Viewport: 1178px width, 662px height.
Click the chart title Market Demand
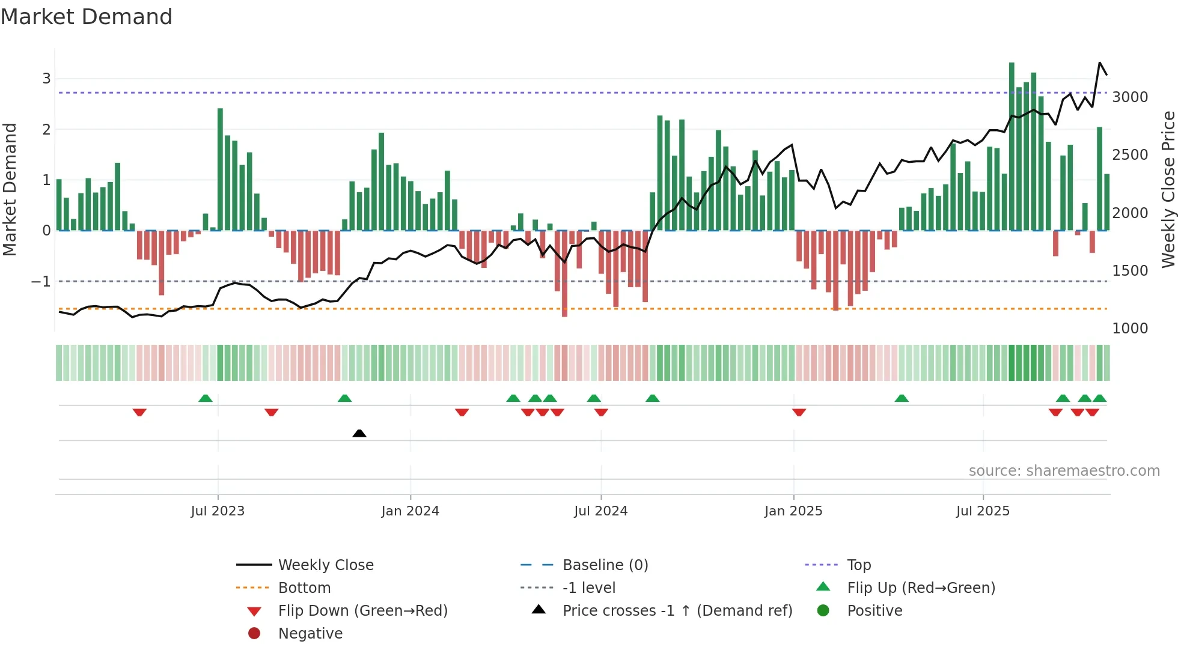click(x=87, y=17)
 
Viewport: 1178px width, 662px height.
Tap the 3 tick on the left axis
click(x=46, y=79)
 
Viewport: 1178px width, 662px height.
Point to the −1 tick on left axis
click(x=41, y=281)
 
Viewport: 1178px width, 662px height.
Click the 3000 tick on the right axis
click(x=1130, y=97)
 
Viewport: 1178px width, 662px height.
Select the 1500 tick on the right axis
click(x=1130, y=271)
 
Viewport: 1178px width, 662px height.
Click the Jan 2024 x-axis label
click(x=410, y=511)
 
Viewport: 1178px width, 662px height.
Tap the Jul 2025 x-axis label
click(x=983, y=511)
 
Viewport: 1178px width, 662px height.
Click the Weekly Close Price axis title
click(x=1168, y=189)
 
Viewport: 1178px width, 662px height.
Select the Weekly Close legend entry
click(x=325, y=565)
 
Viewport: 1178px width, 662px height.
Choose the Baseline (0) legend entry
click(x=605, y=565)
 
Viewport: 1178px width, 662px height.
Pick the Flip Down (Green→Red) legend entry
click(x=362, y=611)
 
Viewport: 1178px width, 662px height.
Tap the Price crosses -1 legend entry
click(x=677, y=611)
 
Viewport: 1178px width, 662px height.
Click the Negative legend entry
click(x=310, y=634)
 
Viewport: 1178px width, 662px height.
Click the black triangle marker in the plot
click(x=359, y=433)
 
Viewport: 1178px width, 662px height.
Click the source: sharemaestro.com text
click(x=1064, y=471)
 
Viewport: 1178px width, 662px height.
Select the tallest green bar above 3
click(x=1012, y=144)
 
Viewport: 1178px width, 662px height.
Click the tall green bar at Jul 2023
click(x=220, y=168)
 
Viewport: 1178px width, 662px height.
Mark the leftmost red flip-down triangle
click(x=139, y=412)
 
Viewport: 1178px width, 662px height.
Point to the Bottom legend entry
click(x=304, y=588)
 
